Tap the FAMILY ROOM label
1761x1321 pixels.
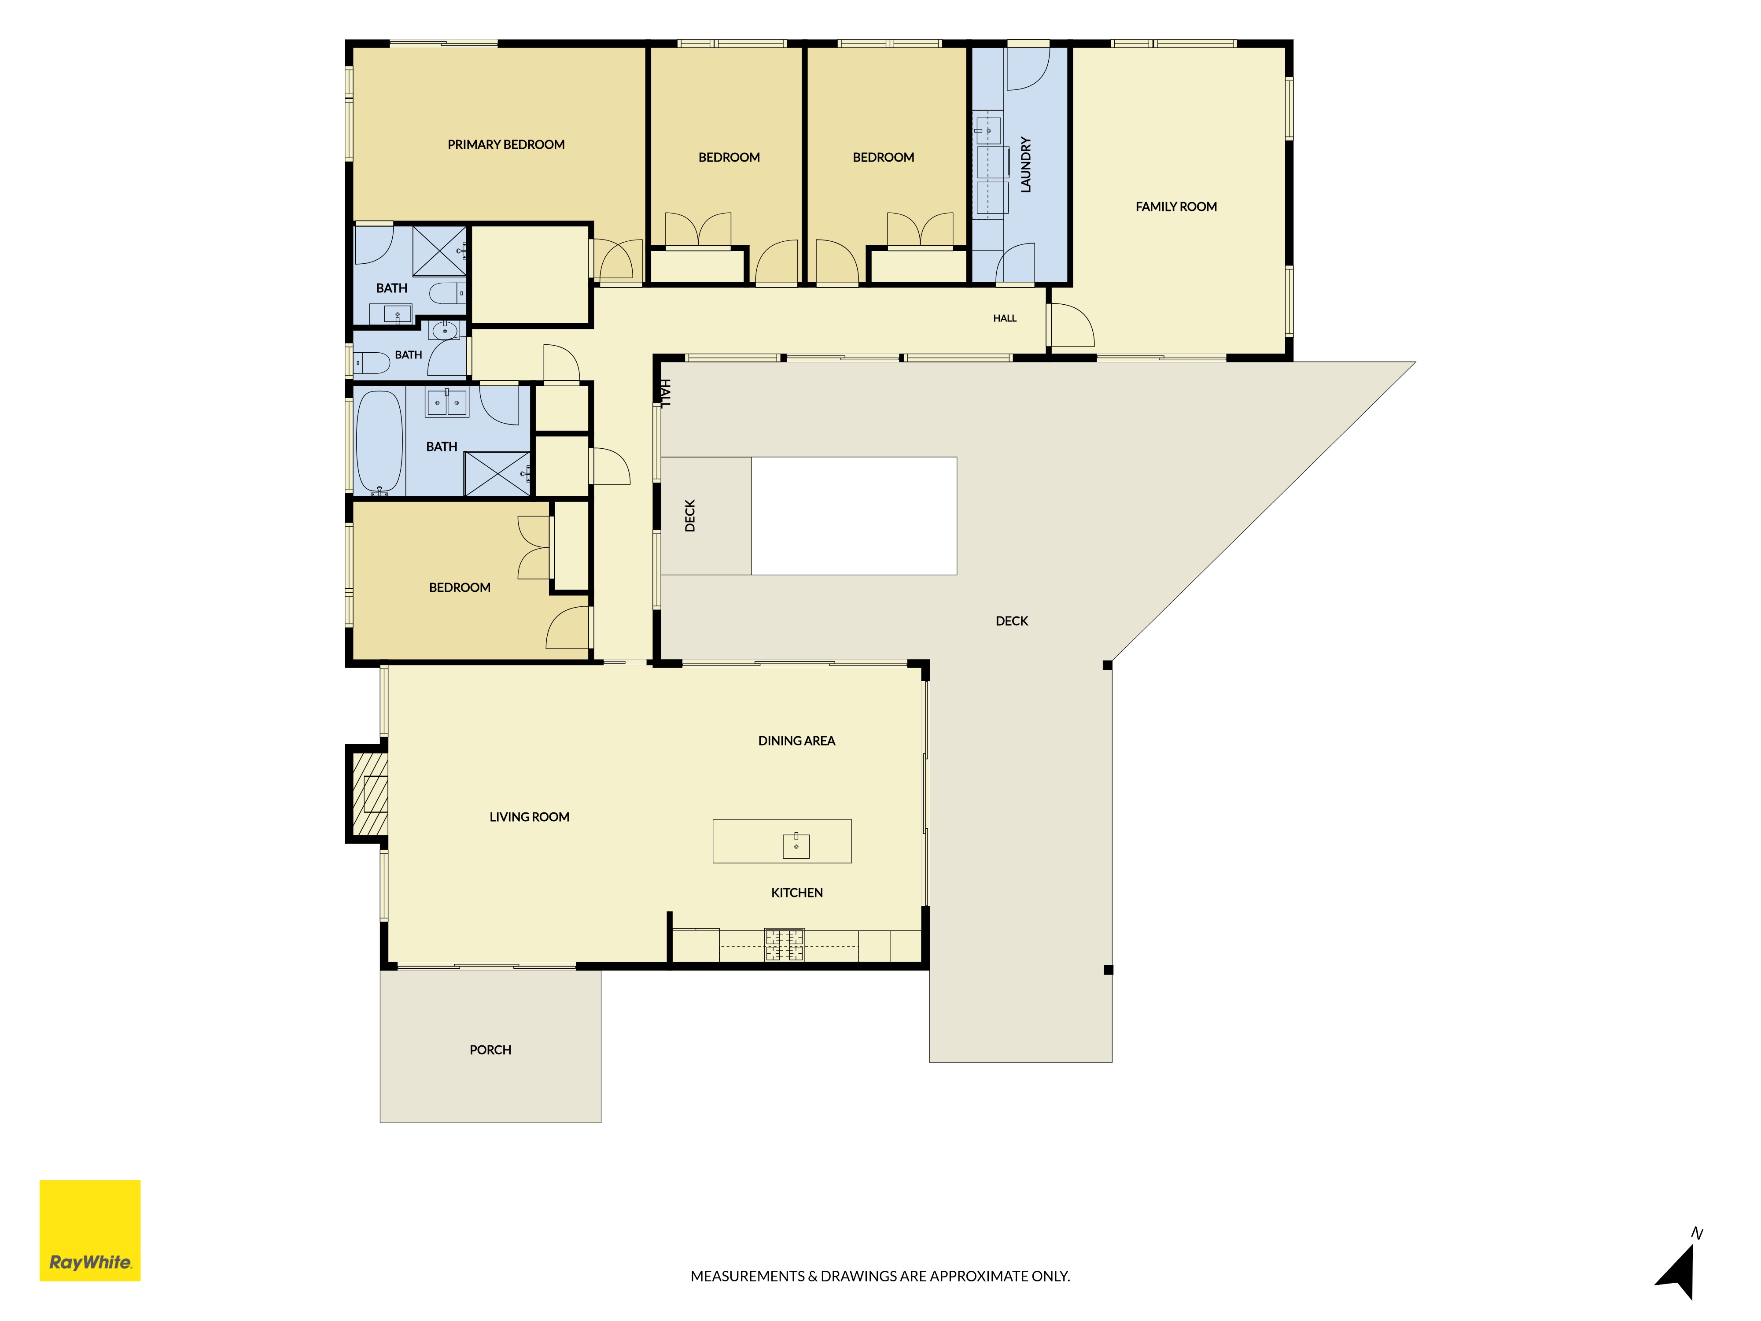pos(1176,206)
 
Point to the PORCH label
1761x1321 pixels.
pos(490,1049)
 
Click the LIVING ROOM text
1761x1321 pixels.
pos(530,817)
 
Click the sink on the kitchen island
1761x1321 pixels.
pos(796,845)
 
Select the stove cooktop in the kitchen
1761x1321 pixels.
pos(784,945)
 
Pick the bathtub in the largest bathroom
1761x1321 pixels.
pos(379,442)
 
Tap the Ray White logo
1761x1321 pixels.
pos(90,1230)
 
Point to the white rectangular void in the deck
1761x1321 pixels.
pos(854,516)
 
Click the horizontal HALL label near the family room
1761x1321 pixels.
pos(1005,318)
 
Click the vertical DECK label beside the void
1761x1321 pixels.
pos(690,516)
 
